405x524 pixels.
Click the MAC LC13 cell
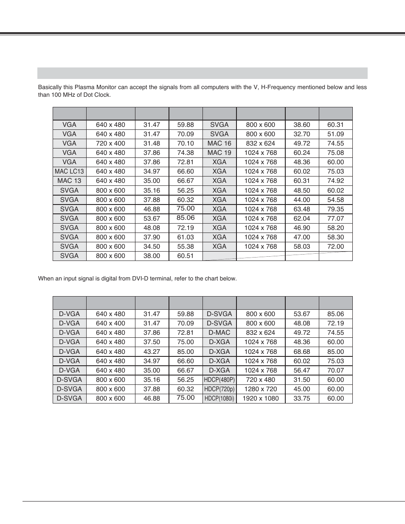[69, 171]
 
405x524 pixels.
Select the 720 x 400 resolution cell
[110, 143]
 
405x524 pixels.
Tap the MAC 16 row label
[219, 143]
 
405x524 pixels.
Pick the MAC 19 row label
[219, 153]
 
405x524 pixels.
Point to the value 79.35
[335, 209]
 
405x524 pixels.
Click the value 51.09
[335, 134]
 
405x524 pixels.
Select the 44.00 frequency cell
[301, 200]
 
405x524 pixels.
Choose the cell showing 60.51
[186, 256]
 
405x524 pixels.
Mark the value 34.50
[152, 247]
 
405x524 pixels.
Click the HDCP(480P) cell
[219, 380]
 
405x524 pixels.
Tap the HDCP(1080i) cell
[219, 398]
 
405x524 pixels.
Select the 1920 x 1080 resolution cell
[261, 398]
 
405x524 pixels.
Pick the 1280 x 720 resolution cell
[261, 389]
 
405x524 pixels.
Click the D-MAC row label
[219, 333]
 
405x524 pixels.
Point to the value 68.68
[301, 352]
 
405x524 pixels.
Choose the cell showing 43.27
[152, 352]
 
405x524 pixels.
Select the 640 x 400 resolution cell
[110, 323]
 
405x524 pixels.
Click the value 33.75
[301, 398]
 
